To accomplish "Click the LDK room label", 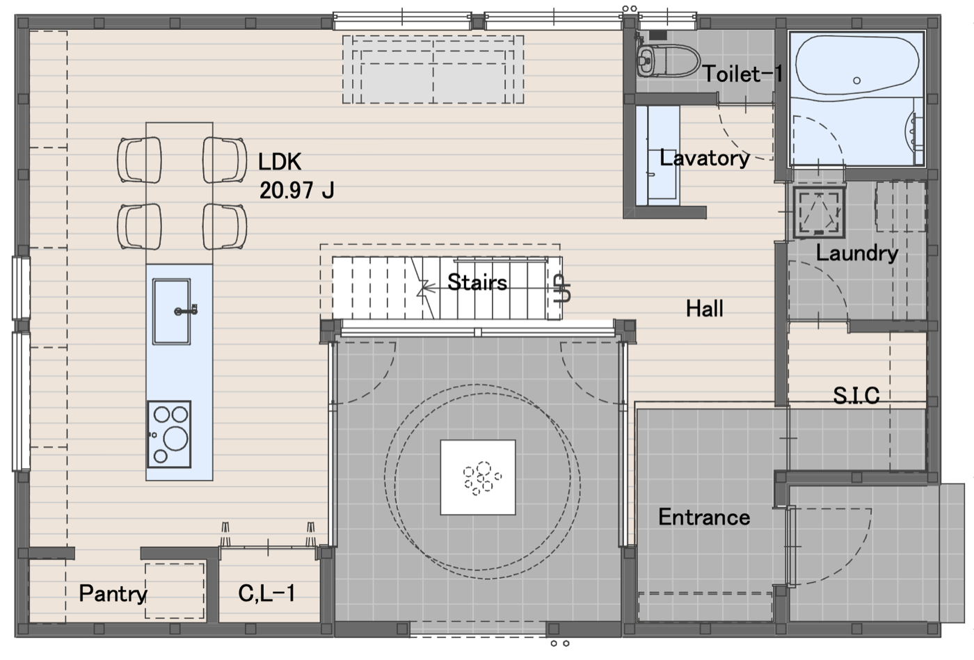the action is coord(280,162).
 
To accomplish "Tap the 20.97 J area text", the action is coord(297,191).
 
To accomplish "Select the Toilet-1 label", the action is coord(743,74).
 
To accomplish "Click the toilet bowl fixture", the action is coord(668,61).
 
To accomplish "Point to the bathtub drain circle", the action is coord(856,81).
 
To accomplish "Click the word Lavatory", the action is coord(705,159).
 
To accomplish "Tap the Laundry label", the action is coord(856,253).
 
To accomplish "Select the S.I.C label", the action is coord(856,396).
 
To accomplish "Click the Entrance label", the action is coord(704,517).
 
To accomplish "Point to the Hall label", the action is coord(704,309).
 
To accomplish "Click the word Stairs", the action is coord(477,282).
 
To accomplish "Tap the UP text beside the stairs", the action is coord(562,288).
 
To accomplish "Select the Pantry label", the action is coord(113,593).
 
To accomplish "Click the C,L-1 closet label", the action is coord(266,593).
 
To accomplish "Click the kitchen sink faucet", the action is coord(186,310).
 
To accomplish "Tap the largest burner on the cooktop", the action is coord(175,438).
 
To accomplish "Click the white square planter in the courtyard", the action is coord(478,477).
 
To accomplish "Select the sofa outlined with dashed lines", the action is coord(433,70).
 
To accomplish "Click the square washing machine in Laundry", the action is coord(820,213).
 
